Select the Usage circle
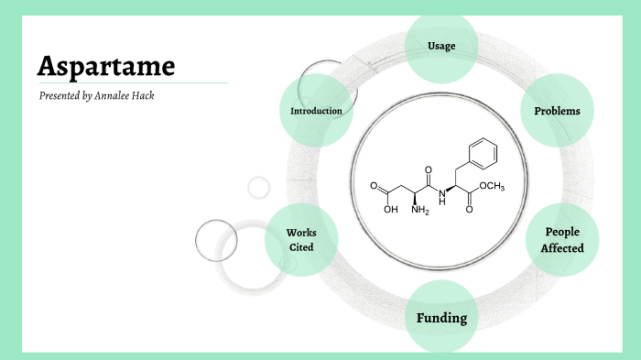tap(441, 46)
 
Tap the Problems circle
tap(557, 111)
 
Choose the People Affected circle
tap(562, 240)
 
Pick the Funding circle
tap(441, 318)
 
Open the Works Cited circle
tap(300, 240)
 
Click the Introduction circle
tap(316, 111)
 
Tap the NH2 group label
tap(419, 212)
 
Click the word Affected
tap(562, 248)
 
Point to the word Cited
tap(300, 247)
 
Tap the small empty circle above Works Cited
tap(259, 188)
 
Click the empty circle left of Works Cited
tap(216, 241)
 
